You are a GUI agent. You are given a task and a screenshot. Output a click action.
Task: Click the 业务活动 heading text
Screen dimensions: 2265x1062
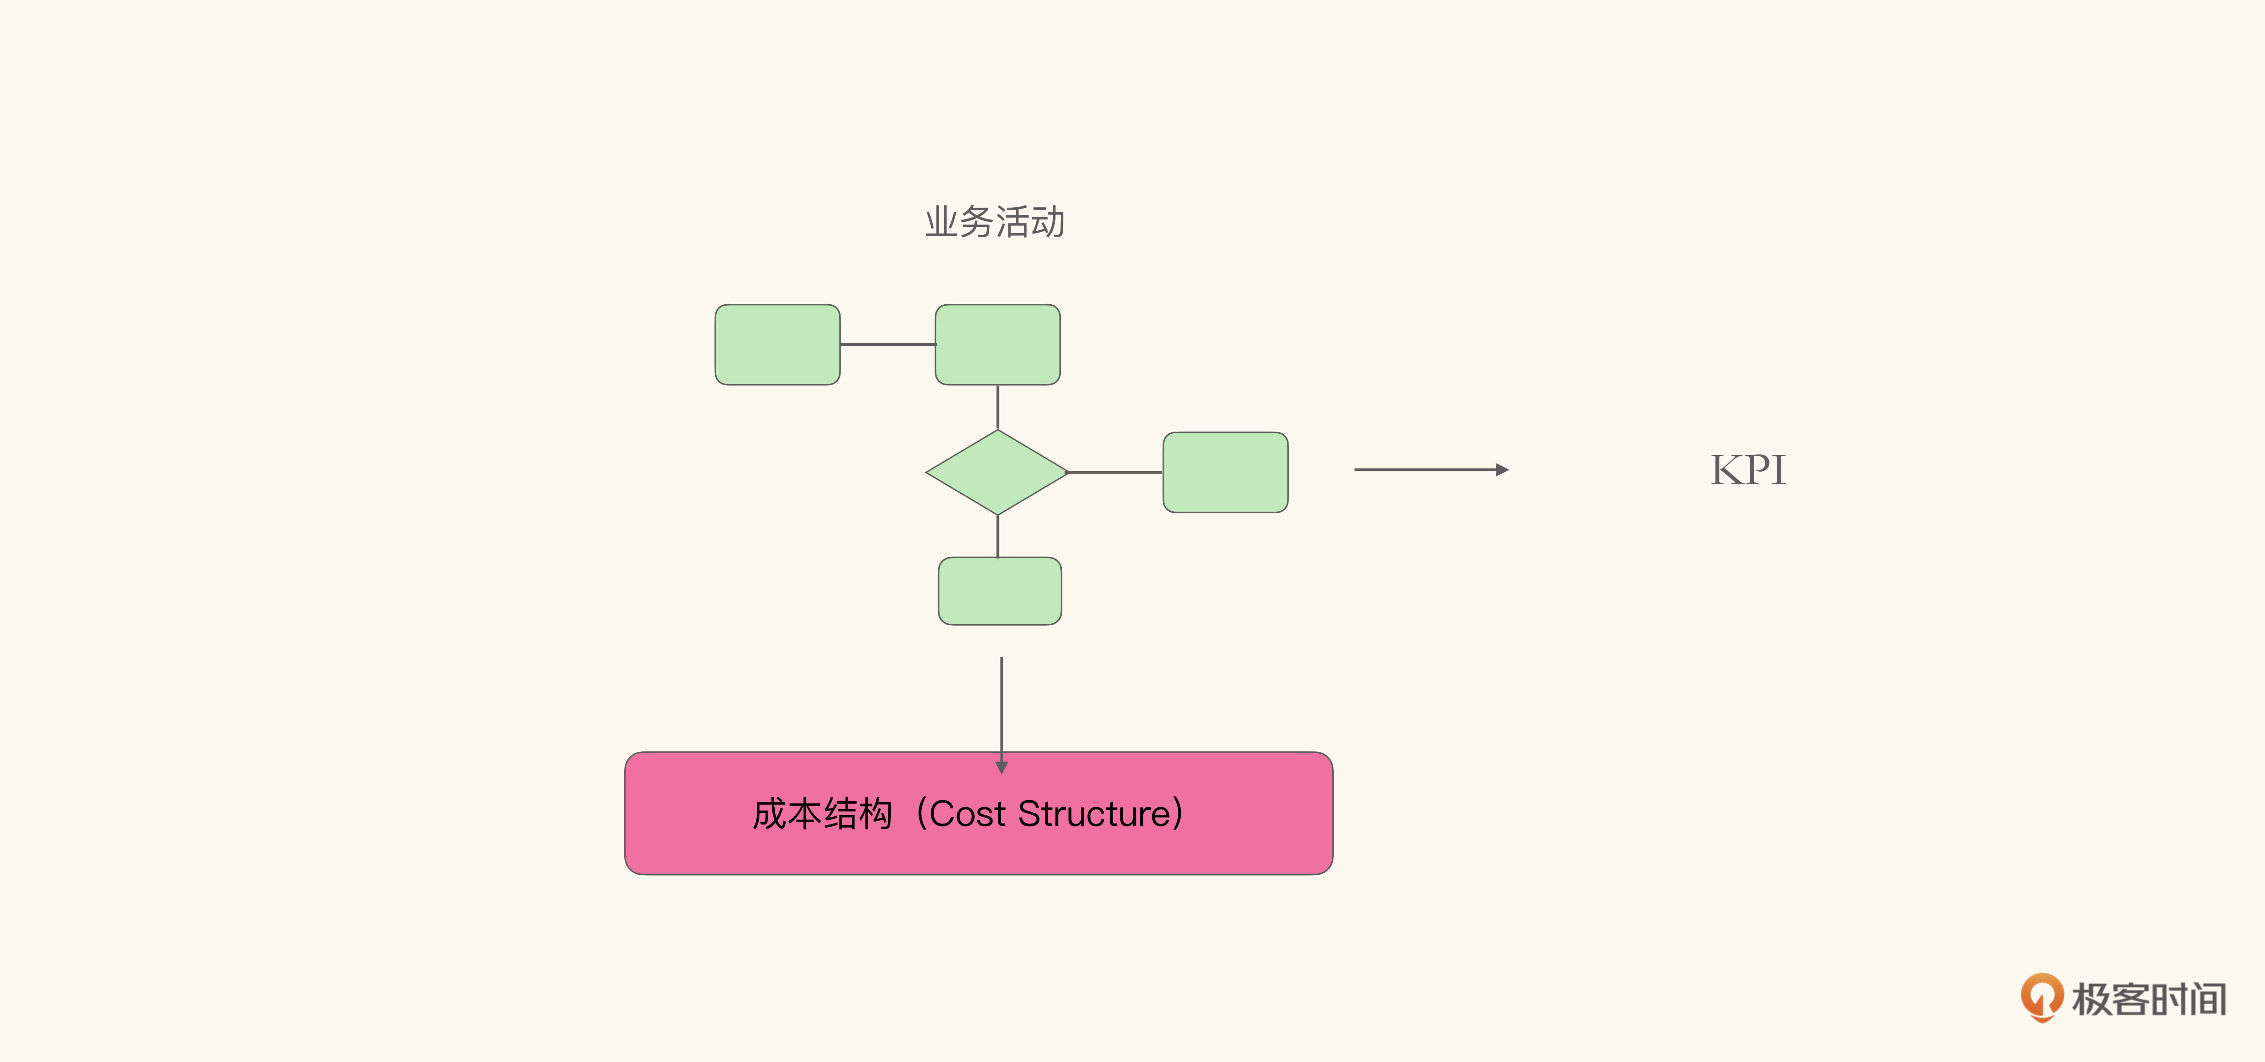click(x=995, y=221)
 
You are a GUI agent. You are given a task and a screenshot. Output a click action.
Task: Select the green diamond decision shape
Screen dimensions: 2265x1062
click(x=997, y=472)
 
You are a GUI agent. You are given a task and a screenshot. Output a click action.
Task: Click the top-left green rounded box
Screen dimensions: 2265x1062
click(x=777, y=345)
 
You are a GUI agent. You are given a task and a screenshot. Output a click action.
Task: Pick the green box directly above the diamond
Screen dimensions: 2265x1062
click(x=997, y=345)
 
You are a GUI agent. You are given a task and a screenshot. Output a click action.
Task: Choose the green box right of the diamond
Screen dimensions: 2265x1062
click(x=1225, y=472)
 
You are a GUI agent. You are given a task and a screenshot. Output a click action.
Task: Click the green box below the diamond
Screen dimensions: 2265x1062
click(x=1000, y=591)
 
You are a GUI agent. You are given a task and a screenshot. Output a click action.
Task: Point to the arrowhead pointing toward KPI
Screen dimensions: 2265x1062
click(x=1503, y=470)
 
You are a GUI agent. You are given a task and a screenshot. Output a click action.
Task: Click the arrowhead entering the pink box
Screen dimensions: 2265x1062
click(x=1001, y=768)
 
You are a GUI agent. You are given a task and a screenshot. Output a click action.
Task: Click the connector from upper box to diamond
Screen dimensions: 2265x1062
click(x=997, y=407)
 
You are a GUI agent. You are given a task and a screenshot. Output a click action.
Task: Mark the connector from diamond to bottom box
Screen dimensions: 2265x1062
click(x=997, y=536)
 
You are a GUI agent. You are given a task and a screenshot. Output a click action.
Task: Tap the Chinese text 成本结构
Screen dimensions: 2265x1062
click(x=822, y=814)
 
